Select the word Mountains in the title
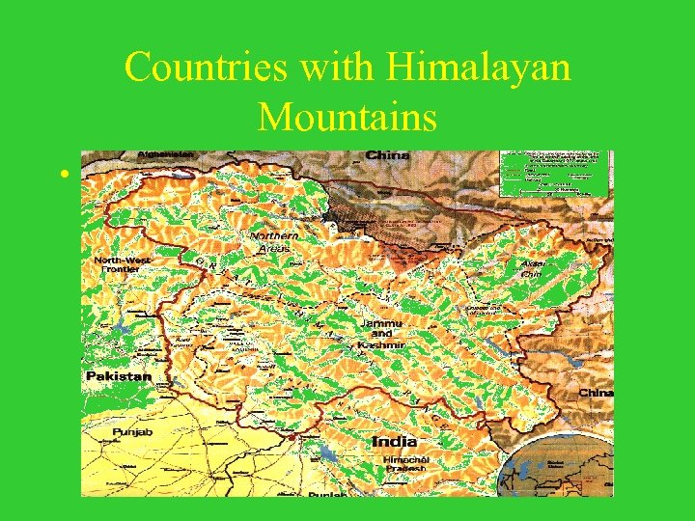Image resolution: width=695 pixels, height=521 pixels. point(347,118)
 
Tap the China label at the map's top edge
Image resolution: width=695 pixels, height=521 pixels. point(387,155)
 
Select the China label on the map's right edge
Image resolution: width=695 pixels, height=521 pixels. point(595,393)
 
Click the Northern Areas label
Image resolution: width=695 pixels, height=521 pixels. point(273,241)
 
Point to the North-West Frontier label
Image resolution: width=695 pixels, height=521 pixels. point(124,266)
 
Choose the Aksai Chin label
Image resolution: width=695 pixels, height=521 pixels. point(532,267)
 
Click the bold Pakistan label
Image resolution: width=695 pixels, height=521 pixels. point(118,375)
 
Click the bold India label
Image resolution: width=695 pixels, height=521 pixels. point(395,441)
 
